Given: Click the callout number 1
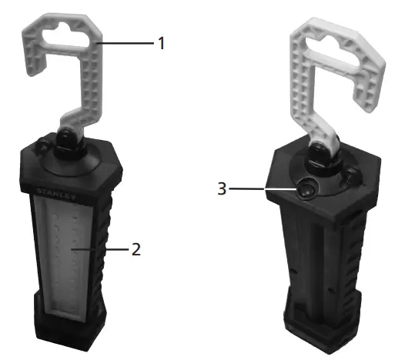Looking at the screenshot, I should tap(161, 43).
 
